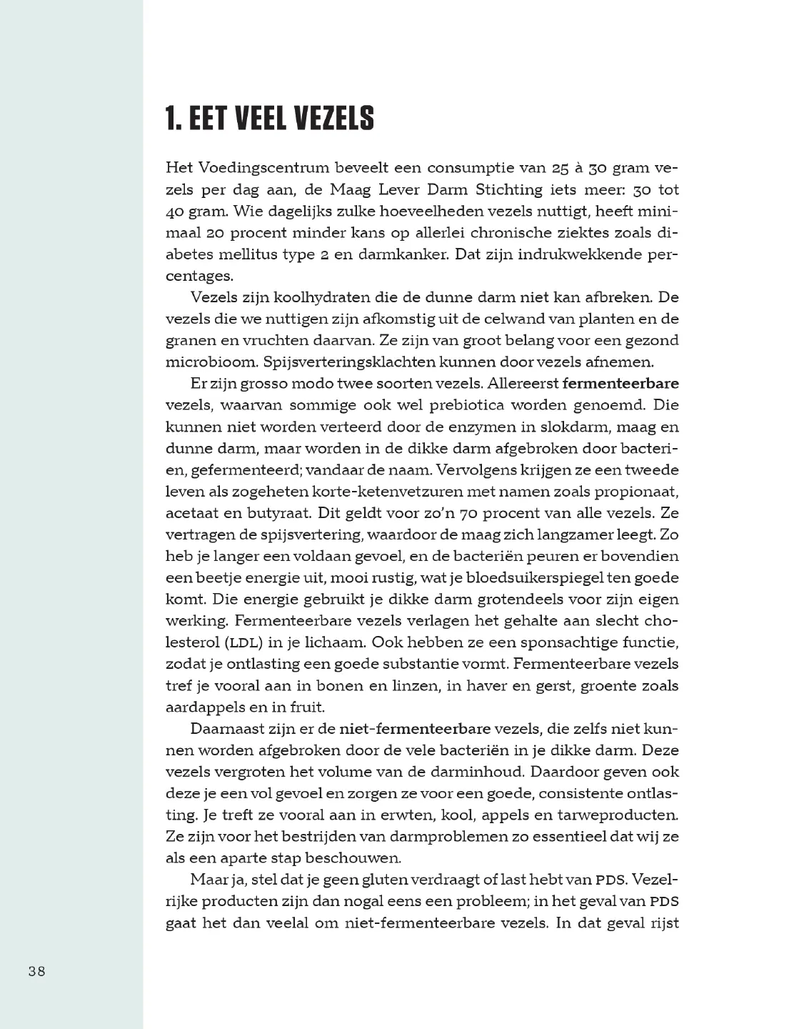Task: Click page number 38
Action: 37,971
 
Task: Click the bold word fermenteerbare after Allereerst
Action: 620,383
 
